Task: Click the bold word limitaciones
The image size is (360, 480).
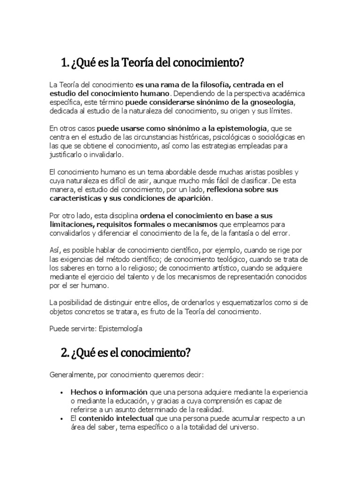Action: pyautogui.click(x=71, y=225)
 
